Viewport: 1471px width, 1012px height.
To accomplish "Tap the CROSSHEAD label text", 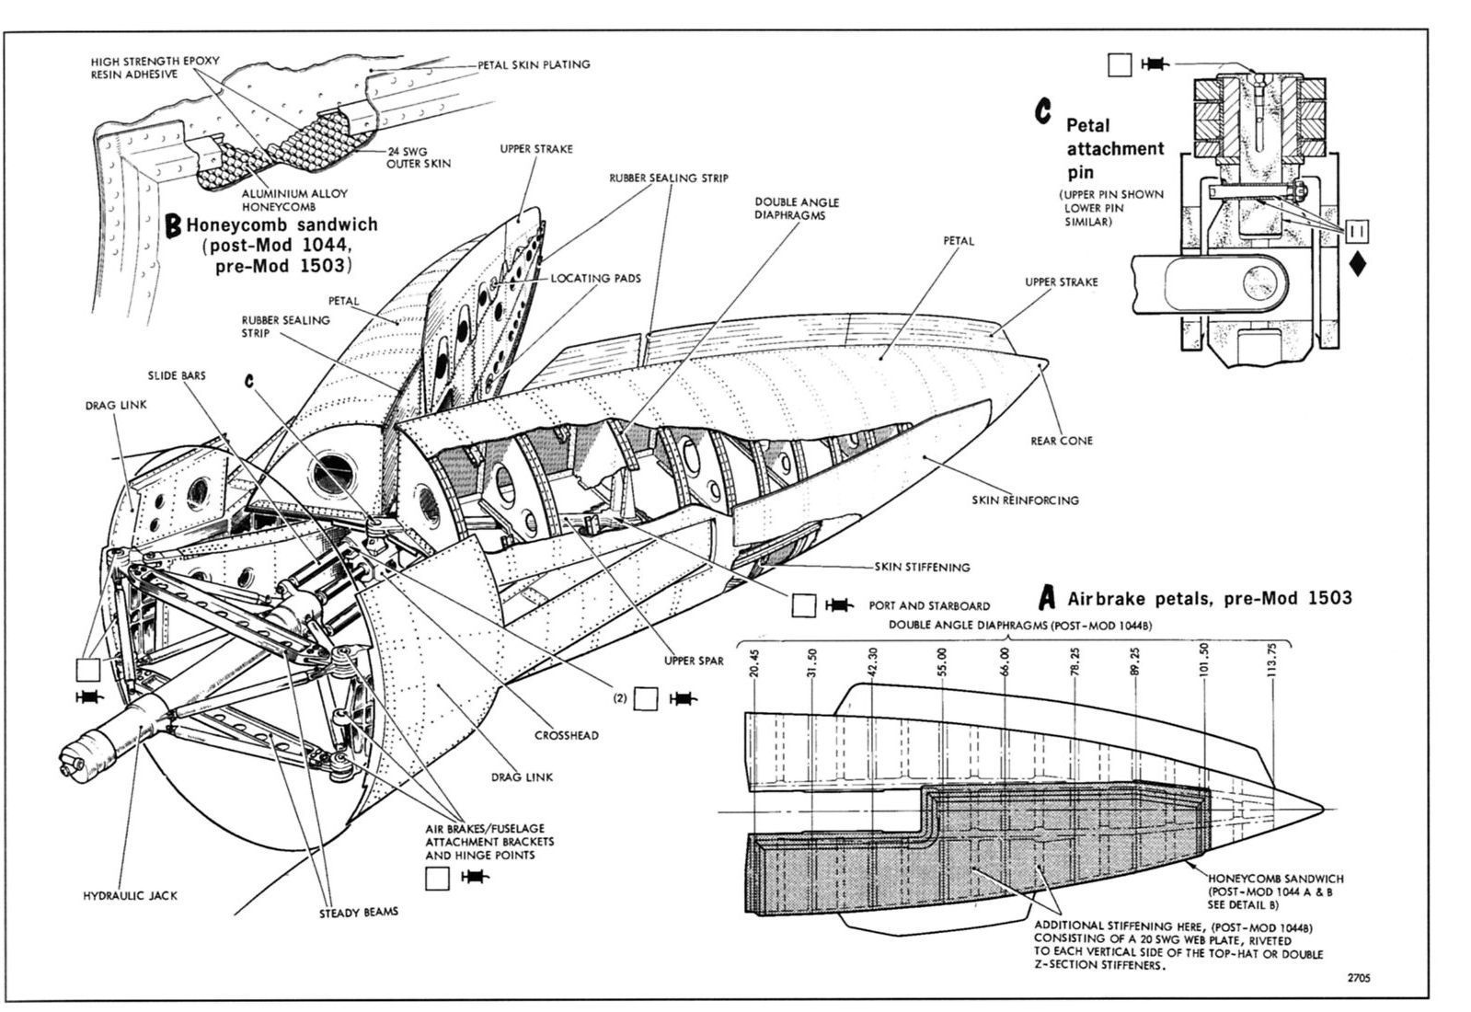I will (x=568, y=735).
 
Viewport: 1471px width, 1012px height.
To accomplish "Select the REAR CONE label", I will (x=1062, y=441).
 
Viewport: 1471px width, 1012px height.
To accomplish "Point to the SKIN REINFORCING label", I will (x=1025, y=500).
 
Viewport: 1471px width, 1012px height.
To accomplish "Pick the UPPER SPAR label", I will (x=695, y=661).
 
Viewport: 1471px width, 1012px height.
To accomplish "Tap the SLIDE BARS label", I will (x=177, y=376).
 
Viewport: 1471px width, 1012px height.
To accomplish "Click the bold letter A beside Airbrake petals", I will (x=1046, y=599).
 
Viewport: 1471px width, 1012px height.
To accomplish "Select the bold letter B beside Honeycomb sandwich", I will (x=172, y=226).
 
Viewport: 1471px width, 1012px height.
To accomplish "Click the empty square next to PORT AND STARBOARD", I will (x=804, y=605).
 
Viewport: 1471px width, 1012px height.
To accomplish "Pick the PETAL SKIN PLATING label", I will (x=534, y=64).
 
